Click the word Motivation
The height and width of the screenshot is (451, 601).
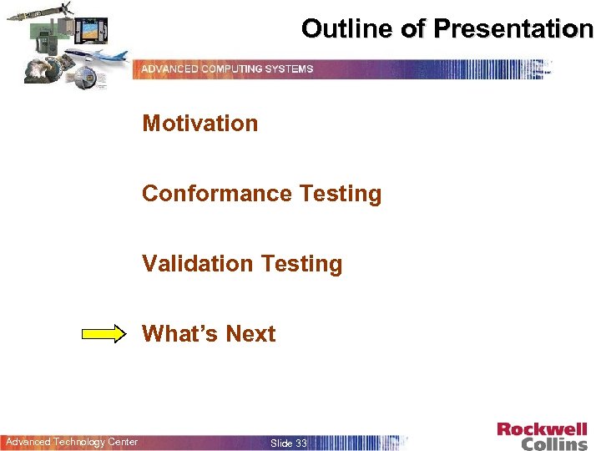[199, 124]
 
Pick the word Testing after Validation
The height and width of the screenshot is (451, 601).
[301, 264]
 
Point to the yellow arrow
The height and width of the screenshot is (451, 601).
[108, 334]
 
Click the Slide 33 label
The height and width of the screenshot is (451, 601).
[289, 443]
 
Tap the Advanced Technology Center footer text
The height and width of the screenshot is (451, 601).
[72, 442]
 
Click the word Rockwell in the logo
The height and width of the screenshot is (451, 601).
[542, 430]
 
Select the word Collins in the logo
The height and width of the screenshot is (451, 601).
[554, 443]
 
